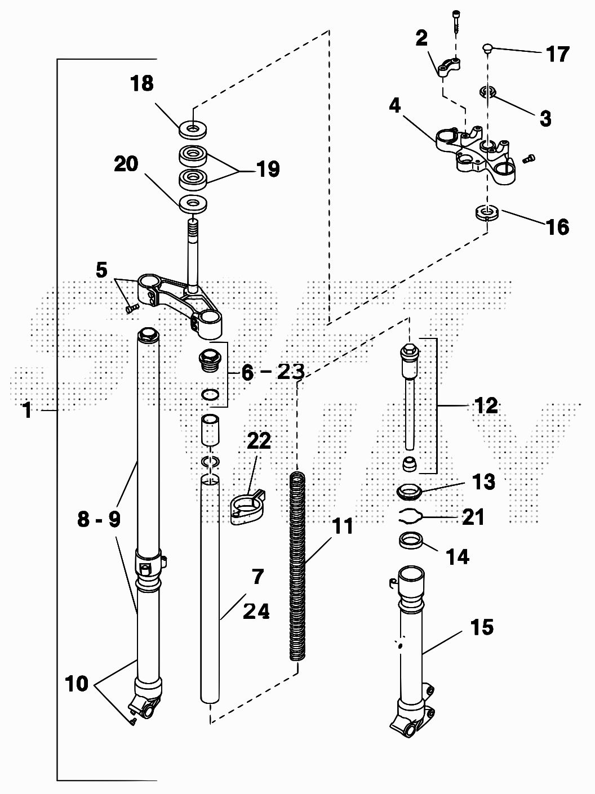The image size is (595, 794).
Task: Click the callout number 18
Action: [x=142, y=83]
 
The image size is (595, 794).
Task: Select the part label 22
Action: [x=259, y=441]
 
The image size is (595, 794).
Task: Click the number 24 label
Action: [x=256, y=610]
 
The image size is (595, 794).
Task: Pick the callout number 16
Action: [x=557, y=227]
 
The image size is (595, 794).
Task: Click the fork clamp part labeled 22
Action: [x=247, y=505]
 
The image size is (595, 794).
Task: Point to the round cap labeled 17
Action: [x=487, y=49]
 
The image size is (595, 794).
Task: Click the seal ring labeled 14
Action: [x=411, y=541]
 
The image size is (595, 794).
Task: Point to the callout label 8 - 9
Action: [x=99, y=519]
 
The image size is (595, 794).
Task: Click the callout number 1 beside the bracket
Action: [x=27, y=410]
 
